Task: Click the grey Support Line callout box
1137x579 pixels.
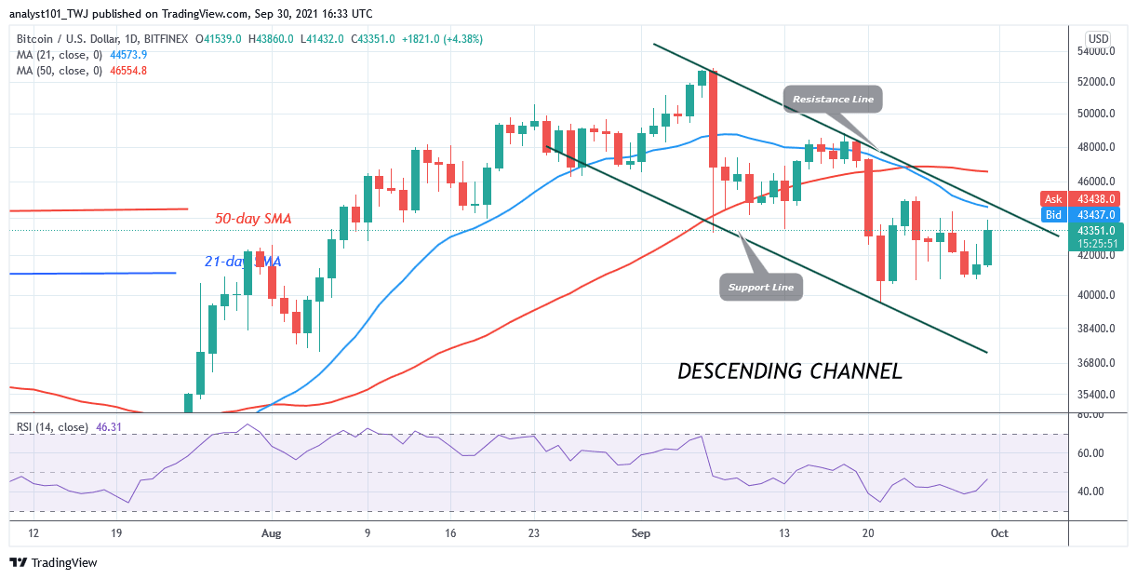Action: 761,288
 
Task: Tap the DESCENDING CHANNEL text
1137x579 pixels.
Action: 790,371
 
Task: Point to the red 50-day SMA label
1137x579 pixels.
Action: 253,219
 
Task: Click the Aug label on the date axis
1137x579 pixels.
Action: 271,533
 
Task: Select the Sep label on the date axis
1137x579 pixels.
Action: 640,533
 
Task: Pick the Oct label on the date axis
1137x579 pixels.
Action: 999,533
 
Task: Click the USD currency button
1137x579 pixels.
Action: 1098,39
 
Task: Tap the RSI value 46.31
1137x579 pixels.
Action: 108,427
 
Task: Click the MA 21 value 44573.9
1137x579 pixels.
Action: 128,55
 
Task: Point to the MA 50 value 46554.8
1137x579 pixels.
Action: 128,71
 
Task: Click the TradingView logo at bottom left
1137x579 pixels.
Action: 54,562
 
